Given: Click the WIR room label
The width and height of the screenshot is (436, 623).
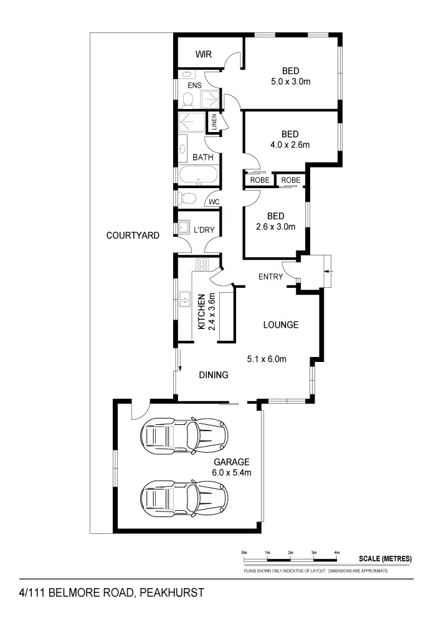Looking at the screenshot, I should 204,55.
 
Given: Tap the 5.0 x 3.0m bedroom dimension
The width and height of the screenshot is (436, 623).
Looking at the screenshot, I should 290,82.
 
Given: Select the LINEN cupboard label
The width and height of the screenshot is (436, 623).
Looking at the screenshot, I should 214,121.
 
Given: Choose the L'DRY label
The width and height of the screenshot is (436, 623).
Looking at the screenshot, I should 204,230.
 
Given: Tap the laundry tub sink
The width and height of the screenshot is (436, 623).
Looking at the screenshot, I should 184,226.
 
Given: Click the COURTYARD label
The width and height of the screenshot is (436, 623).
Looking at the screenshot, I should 133,235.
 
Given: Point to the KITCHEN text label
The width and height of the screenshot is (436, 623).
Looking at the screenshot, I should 202,311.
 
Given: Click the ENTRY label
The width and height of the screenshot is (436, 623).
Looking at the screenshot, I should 271,277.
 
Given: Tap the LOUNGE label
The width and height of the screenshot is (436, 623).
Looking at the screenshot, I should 280,325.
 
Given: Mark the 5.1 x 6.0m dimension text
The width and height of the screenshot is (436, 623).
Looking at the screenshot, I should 266,358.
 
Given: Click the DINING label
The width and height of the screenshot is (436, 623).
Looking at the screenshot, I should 214,375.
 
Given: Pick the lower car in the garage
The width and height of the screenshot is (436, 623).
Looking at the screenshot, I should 184,498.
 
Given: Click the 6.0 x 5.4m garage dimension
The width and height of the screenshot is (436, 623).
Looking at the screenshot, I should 232,472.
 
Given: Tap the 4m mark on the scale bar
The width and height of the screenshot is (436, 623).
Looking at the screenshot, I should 337,553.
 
